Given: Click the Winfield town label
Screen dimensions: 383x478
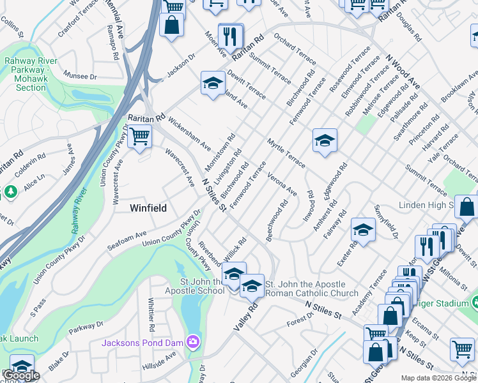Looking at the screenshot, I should tap(148, 208).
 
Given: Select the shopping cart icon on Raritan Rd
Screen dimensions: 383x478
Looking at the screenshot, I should tap(139, 136).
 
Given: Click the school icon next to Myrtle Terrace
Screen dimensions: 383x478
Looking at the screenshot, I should tap(325, 140).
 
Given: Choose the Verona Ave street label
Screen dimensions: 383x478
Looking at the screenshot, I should tap(282, 183).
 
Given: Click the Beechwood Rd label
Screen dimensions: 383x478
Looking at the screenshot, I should tap(277, 220).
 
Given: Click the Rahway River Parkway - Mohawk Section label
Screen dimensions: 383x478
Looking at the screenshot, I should tap(31, 74).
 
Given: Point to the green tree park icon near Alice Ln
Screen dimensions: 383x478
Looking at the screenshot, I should tap(10, 191).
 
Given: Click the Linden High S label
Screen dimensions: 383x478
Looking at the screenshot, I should tap(426, 206).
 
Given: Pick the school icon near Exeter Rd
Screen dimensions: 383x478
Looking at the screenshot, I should tap(362, 231).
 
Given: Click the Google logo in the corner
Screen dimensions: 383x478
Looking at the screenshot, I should tap(21, 376).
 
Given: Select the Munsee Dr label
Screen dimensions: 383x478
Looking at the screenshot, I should tap(80, 77).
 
